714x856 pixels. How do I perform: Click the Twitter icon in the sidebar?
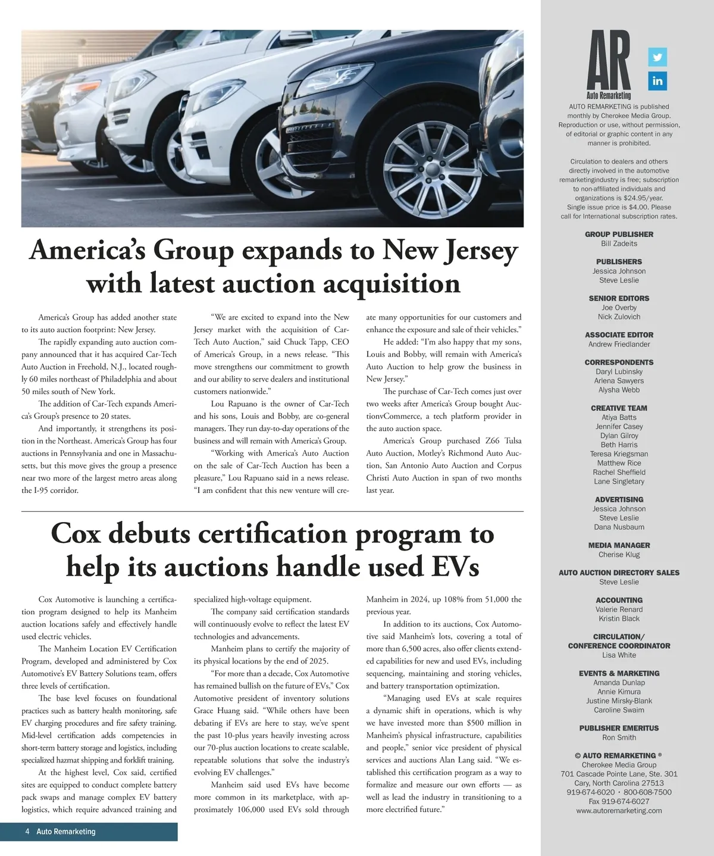657,57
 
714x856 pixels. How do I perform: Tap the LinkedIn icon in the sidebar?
657,81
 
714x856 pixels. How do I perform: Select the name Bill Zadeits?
619,243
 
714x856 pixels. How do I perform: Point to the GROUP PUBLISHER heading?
619,235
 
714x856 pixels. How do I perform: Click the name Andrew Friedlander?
619,344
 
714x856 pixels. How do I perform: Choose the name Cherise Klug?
619,555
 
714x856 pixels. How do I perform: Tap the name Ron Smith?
619,738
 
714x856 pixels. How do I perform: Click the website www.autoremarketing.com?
619,811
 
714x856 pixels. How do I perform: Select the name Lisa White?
619,655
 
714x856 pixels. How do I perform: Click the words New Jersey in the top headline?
450,251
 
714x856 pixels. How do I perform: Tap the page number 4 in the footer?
27,832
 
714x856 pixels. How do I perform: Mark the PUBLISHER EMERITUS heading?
619,729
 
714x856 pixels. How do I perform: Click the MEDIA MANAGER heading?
619,545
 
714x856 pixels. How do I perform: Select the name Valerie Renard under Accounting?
619,610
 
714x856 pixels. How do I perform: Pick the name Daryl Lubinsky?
619,371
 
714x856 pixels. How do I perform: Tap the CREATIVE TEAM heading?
619,408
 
